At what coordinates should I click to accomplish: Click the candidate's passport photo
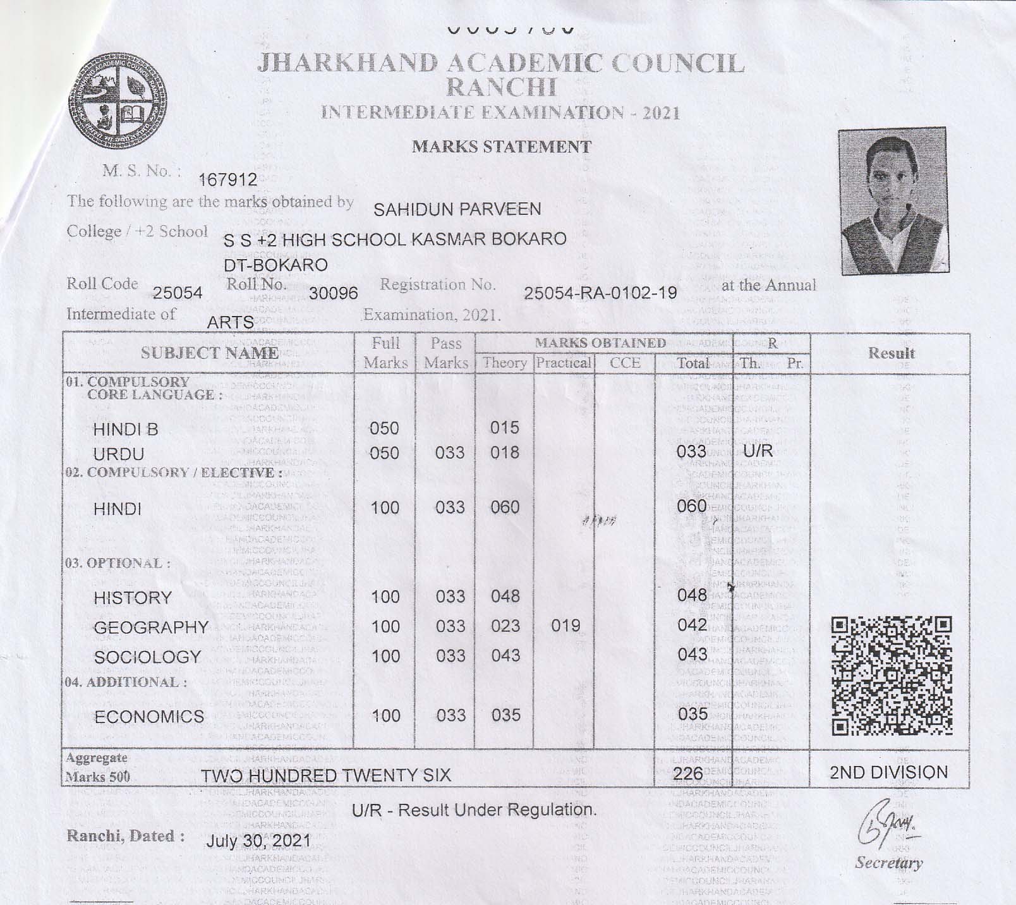[x=893, y=201]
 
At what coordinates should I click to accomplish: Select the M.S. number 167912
[x=227, y=181]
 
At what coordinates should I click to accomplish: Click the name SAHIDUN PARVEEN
[x=457, y=210]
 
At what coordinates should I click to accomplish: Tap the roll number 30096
[x=333, y=293]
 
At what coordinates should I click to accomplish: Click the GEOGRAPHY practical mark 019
[x=565, y=626]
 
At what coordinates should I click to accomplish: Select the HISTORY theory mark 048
[x=505, y=596]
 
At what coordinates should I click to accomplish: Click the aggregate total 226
[x=688, y=774]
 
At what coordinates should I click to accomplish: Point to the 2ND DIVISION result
[x=889, y=772]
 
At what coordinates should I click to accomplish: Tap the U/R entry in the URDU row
[x=758, y=452]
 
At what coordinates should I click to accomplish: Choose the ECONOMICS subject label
[x=149, y=717]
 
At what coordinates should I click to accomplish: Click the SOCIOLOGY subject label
[x=147, y=657]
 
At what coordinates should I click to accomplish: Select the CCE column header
[x=625, y=363]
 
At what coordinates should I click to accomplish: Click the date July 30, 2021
[x=258, y=841]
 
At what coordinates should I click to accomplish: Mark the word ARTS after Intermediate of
[x=231, y=322]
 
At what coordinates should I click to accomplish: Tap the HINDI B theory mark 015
[x=505, y=428]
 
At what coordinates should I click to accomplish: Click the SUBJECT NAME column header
[x=209, y=353]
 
